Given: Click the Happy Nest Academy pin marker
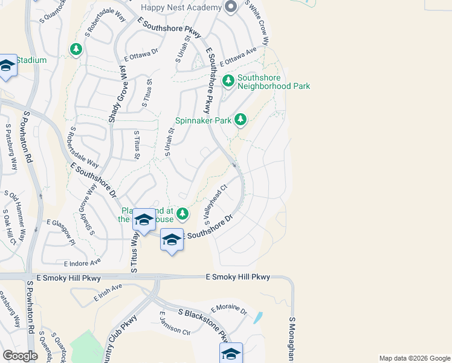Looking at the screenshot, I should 230,7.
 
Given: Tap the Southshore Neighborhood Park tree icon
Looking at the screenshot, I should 228,80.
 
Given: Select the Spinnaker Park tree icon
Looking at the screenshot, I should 241,119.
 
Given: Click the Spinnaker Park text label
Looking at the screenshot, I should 204,120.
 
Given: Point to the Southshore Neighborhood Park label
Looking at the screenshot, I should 273,82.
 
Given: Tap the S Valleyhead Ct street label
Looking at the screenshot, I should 215,204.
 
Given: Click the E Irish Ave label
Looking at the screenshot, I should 108,293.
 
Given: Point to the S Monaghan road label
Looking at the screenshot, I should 292,339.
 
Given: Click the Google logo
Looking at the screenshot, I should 19,356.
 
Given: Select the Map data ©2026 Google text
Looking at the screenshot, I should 415,358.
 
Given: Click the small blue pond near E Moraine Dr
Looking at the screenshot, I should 259,316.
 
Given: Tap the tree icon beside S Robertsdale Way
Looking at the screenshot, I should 76,49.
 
